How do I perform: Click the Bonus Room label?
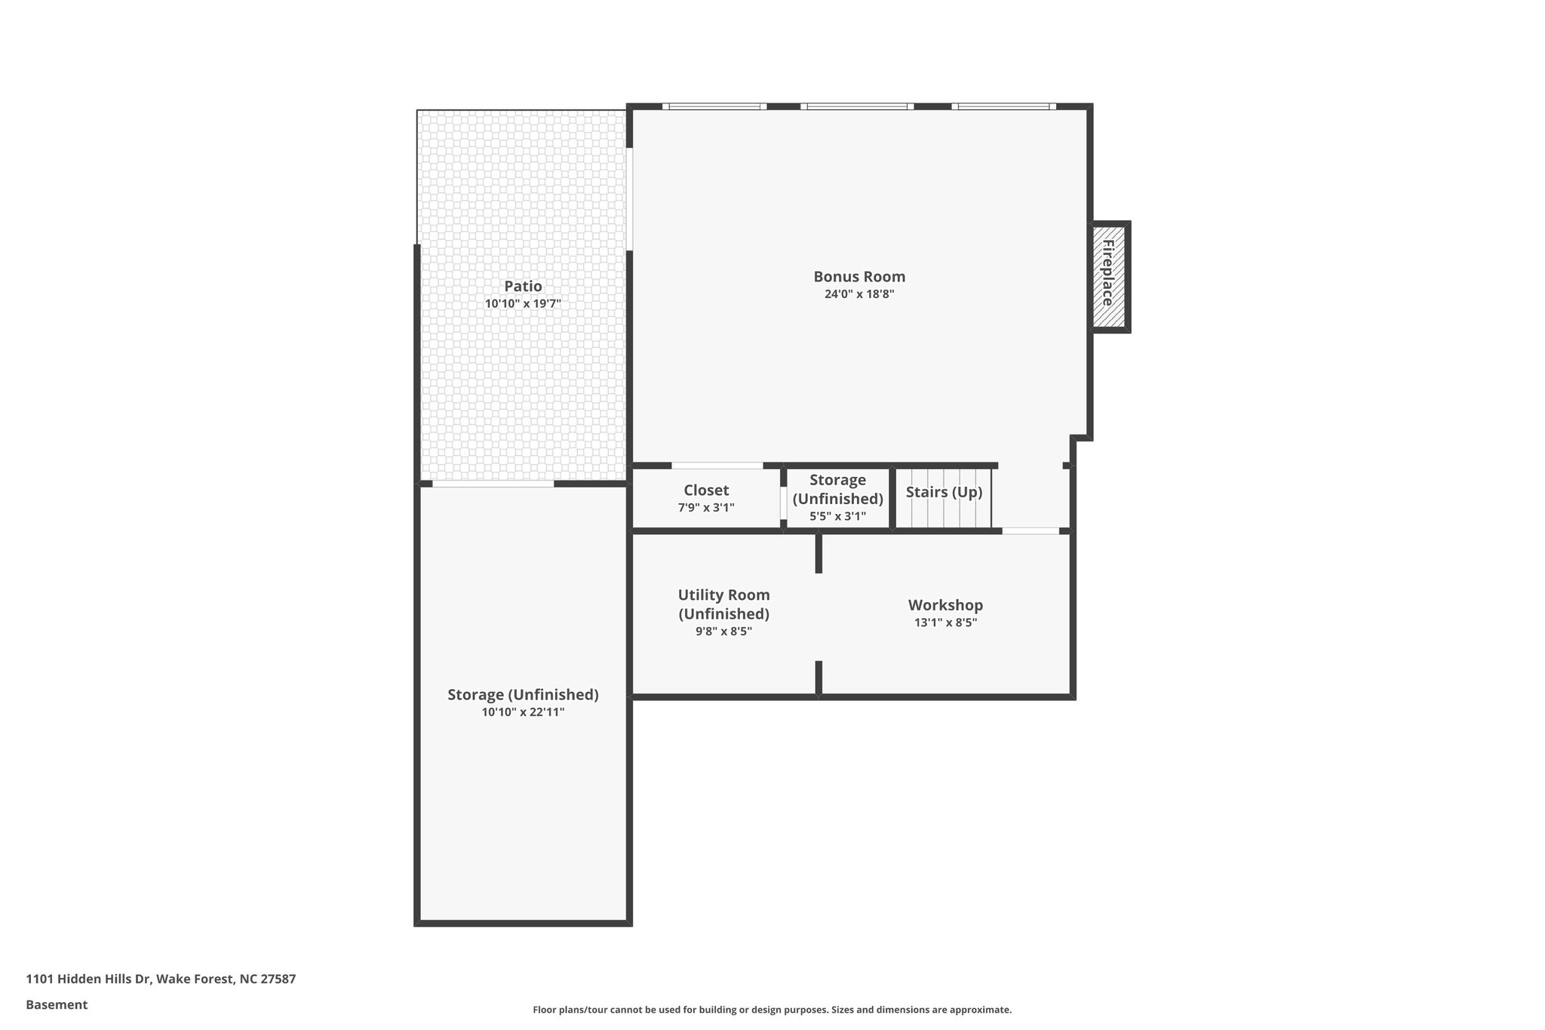coord(859,276)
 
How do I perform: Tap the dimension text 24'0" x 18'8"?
coord(859,294)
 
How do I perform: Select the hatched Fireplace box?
coord(1108,277)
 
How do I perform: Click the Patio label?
coord(523,286)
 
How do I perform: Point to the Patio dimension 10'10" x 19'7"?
coord(523,303)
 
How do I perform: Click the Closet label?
coord(706,490)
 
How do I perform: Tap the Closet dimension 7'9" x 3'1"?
coord(706,508)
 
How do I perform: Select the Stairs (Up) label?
coord(944,492)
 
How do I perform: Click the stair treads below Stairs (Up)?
coord(951,516)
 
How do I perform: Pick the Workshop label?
coord(945,605)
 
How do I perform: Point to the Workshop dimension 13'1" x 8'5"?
coord(945,623)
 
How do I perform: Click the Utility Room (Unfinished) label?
coord(723,604)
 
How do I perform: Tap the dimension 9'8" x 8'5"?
coord(723,632)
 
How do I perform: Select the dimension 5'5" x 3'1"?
coord(837,517)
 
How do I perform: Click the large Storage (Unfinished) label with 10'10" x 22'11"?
coord(523,694)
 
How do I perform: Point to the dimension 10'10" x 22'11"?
coord(523,712)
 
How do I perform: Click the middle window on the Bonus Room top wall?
coord(857,106)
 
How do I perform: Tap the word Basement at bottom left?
coord(57,1004)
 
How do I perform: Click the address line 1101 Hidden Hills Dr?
coord(161,979)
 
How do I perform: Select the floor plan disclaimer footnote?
coord(772,1010)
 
